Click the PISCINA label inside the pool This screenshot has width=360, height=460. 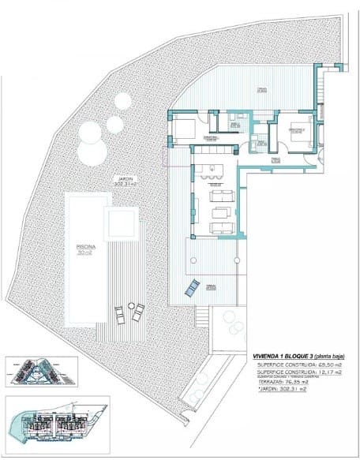86,247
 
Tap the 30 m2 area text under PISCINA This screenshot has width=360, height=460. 86,253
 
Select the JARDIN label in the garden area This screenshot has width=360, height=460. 121,178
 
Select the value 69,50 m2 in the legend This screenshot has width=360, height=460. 325,366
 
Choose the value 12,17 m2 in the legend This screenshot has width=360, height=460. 325,374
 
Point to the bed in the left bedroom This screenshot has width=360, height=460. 184,129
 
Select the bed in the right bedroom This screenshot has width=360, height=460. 295,134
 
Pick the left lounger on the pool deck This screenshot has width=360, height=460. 119,315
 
